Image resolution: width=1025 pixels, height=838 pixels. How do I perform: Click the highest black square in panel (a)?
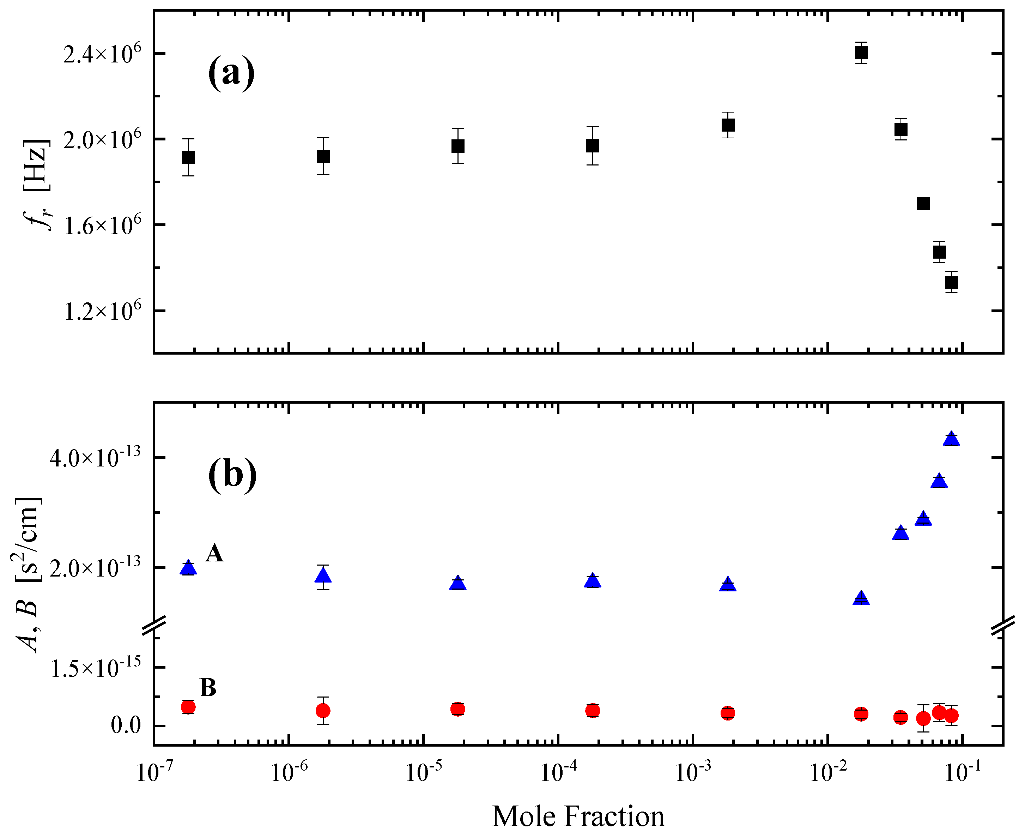861,53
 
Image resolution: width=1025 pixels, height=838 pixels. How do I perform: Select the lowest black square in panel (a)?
951,282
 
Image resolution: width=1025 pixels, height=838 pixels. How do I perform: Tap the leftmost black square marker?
188,157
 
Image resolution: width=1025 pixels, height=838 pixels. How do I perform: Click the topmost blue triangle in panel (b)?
951,438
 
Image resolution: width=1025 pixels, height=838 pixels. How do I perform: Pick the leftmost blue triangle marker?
188,568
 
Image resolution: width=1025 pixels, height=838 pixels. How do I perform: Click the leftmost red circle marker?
188,707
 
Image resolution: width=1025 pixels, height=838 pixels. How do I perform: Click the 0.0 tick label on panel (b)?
126,725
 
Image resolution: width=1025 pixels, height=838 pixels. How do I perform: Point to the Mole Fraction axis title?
578,816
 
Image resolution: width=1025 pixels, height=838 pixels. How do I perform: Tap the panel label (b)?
232,476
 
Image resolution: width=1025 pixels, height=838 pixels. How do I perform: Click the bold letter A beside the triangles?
214,553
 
